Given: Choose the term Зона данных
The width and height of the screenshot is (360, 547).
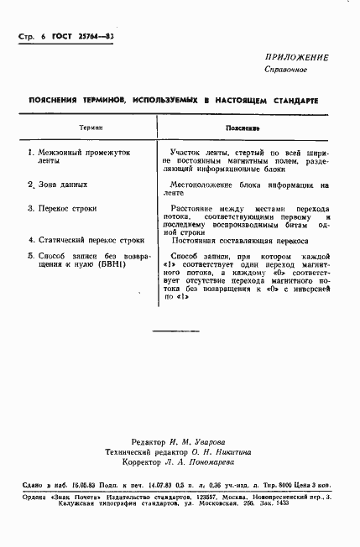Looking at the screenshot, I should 62,185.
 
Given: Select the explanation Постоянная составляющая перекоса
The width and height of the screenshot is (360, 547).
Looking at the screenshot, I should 239,239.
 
